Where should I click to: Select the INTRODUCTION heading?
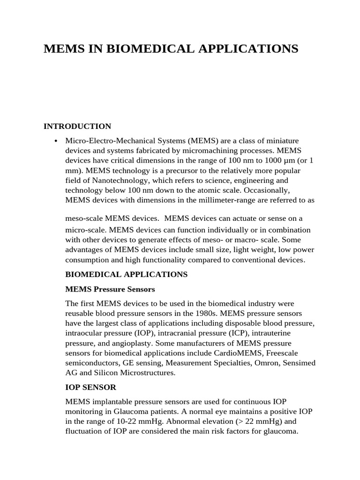(x=77, y=126)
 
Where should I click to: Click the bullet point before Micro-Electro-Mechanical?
(x=56, y=141)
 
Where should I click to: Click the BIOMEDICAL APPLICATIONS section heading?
(x=127, y=274)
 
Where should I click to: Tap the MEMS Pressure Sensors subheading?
(x=110, y=289)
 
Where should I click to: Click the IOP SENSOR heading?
(x=91, y=387)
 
